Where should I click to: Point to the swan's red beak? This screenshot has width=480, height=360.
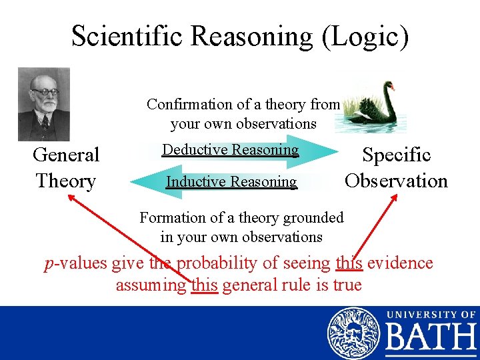[x=393, y=87]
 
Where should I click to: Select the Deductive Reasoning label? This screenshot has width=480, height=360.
[x=231, y=149]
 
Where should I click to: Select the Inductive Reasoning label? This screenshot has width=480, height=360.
[x=231, y=181]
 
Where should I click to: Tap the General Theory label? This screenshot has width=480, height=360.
[x=65, y=167]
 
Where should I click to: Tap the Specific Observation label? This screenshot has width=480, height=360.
[x=396, y=167]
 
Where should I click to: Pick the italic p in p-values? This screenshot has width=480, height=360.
[x=49, y=265]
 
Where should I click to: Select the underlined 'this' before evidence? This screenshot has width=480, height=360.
[x=349, y=263]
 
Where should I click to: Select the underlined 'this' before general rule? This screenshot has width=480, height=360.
[x=204, y=285]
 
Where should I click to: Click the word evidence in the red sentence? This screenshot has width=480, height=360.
[x=400, y=263]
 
